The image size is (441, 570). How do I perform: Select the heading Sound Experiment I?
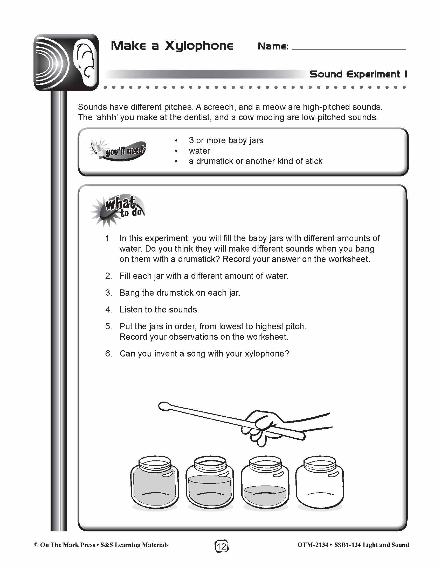[x=358, y=74]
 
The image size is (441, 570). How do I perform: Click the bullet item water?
[x=199, y=151]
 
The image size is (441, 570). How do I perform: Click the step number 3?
[x=108, y=293]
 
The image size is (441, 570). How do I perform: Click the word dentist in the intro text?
[x=197, y=117]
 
